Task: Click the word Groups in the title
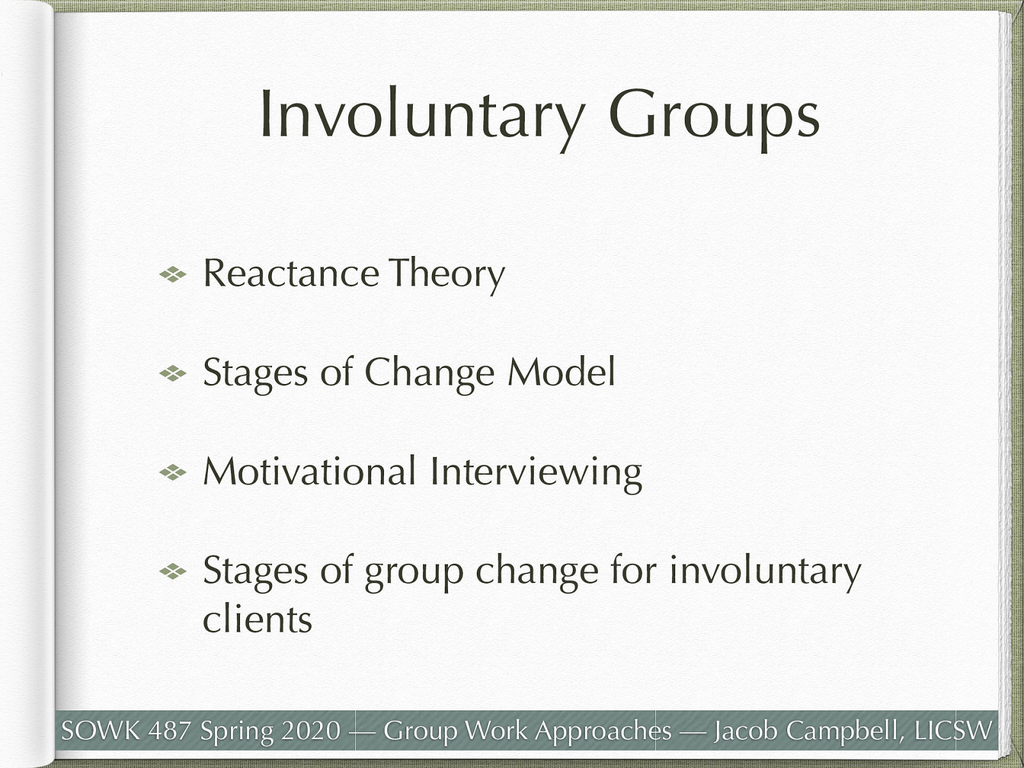[x=714, y=115]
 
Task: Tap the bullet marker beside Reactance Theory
[x=173, y=275]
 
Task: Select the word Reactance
[x=291, y=273]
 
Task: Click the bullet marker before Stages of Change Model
[x=173, y=374]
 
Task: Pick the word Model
[x=561, y=372]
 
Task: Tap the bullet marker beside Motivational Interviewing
[x=173, y=473]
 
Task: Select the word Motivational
[x=310, y=472]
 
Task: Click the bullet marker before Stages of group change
[x=173, y=572]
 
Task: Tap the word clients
[x=257, y=620]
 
